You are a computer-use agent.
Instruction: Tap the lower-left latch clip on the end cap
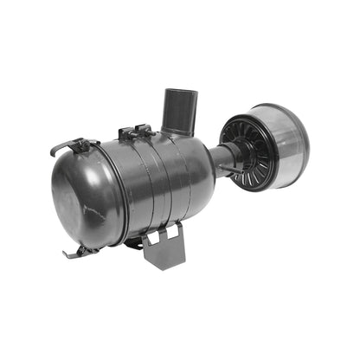point(78,252)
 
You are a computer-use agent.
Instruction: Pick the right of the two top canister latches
point(144,131)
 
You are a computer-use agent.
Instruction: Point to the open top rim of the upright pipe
point(179,93)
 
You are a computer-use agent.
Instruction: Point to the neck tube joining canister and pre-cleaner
point(226,158)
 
